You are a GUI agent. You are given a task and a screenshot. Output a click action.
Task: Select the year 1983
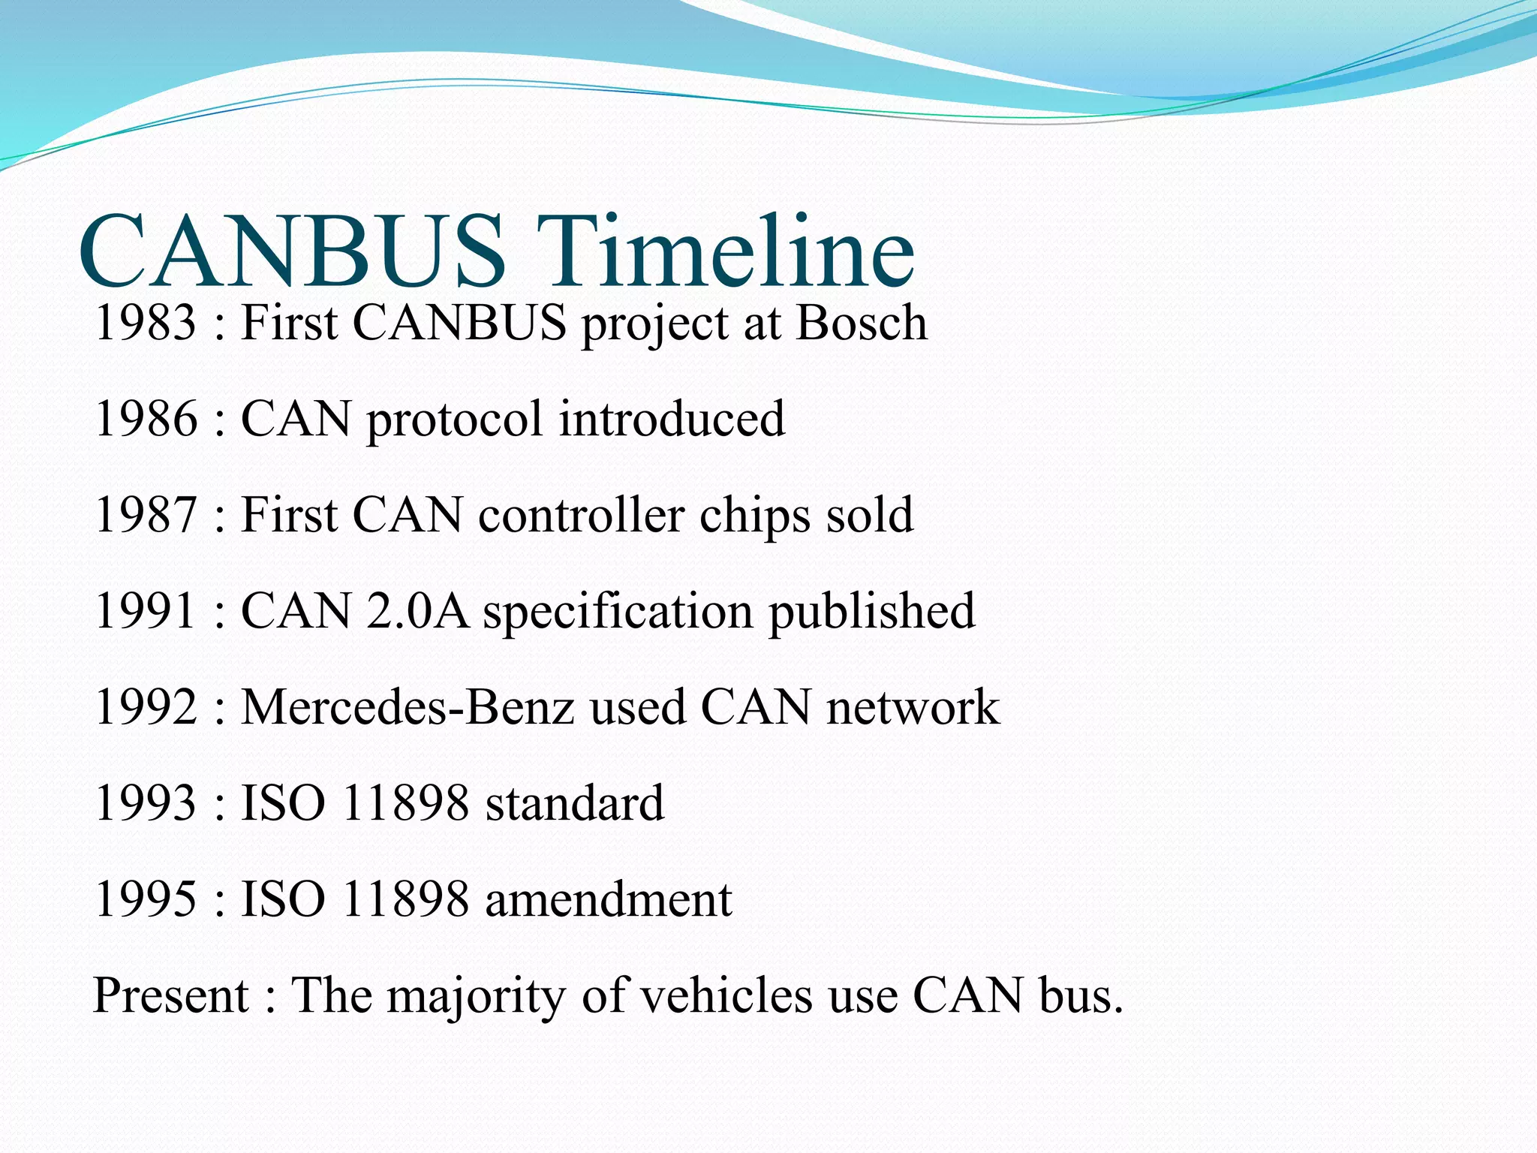point(146,323)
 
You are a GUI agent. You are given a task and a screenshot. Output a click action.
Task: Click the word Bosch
point(861,323)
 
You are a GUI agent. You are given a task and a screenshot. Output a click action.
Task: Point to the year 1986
point(146,419)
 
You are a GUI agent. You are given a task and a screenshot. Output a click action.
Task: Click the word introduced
point(672,419)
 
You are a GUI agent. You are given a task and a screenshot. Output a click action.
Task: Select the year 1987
point(146,515)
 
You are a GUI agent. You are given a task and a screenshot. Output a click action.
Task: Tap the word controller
point(582,515)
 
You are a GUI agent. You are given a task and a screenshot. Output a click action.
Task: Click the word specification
point(617,612)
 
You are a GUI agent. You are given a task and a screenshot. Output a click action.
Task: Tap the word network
point(913,707)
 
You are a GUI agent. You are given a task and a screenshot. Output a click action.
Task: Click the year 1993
point(146,803)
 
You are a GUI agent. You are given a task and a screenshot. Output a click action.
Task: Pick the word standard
point(575,803)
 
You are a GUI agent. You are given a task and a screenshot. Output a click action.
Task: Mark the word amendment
point(609,899)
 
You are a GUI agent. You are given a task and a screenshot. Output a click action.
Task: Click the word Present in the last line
point(170,995)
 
